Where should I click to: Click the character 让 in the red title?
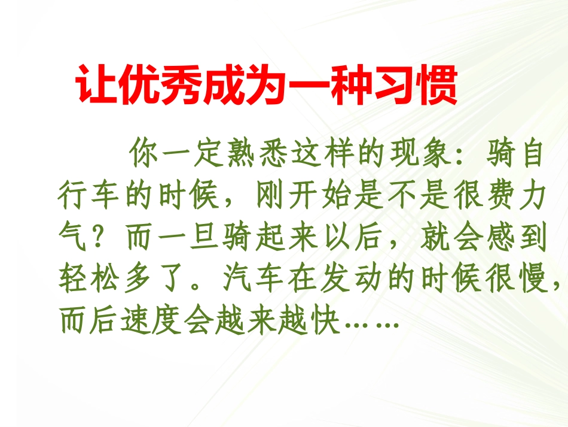click(96, 87)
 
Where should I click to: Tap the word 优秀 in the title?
click(160, 87)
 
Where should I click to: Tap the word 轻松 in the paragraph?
click(92, 280)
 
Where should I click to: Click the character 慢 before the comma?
click(529, 280)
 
